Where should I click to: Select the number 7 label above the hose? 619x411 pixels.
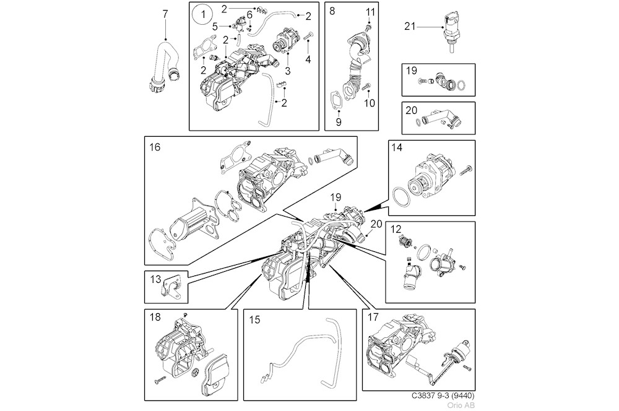tap(165, 14)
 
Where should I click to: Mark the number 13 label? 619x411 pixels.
tap(155, 280)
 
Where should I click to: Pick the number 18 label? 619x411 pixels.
tap(155, 317)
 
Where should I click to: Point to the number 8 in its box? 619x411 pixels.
tap(332, 11)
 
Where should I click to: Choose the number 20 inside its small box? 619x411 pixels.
tap(410, 111)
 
